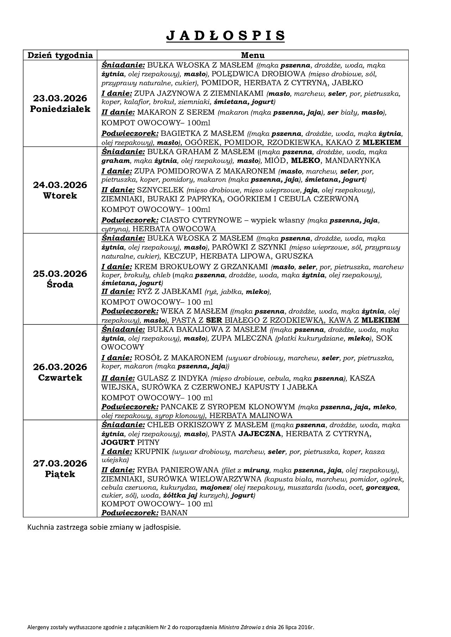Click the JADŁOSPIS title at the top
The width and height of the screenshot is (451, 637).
pyautogui.click(x=225, y=36)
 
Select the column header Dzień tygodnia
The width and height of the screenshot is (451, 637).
pyautogui.click(x=60, y=55)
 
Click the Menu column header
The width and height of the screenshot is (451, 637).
pyautogui.click(x=253, y=55)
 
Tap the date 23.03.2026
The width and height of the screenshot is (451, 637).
pyautogui.click(x=60, y=98)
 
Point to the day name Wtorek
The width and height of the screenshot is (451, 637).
pyautogui.click(x=60, y=196)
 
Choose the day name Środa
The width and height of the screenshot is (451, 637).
pyautogui.click(x=60, y=284)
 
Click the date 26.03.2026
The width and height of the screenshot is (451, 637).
pyautogui.click(x=60, y=367)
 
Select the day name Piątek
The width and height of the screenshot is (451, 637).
pyautogui.click(x=60, y=474)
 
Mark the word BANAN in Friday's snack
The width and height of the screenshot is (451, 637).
pyautogui.click(x=174, y=513)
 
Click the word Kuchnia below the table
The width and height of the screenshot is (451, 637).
pyautogui.click(x=39, y=528)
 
